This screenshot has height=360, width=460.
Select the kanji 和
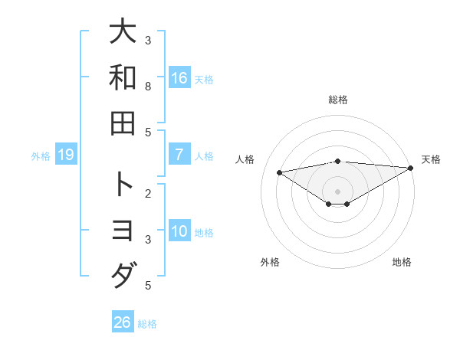point(123,77)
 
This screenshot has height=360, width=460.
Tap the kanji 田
point(123,123)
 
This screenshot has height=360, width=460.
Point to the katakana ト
point(123,185)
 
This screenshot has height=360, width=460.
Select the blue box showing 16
point(179,78)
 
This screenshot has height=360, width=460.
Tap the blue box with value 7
point(179,155)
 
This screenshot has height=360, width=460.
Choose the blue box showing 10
point(179,231)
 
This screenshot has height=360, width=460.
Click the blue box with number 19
point(66,155)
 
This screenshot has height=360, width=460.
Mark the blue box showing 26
point(123,322)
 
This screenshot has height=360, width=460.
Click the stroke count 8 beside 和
point(148,86)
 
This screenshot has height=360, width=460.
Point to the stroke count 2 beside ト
point(148,193)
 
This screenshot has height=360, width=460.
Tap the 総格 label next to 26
point(147,324)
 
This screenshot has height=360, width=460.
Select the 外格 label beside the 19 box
point(41,156)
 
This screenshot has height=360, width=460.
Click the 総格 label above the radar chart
point(337,100)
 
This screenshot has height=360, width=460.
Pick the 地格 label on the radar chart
point(402,263)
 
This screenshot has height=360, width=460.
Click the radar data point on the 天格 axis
point(412,168)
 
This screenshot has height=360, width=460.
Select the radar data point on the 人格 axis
point(279,172)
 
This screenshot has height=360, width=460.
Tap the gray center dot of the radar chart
point(337,191)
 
